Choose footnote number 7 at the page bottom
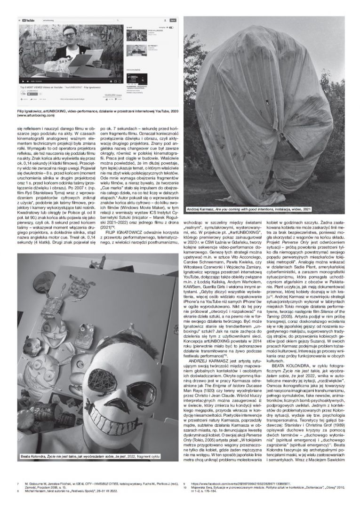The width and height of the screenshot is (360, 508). (17, 483)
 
